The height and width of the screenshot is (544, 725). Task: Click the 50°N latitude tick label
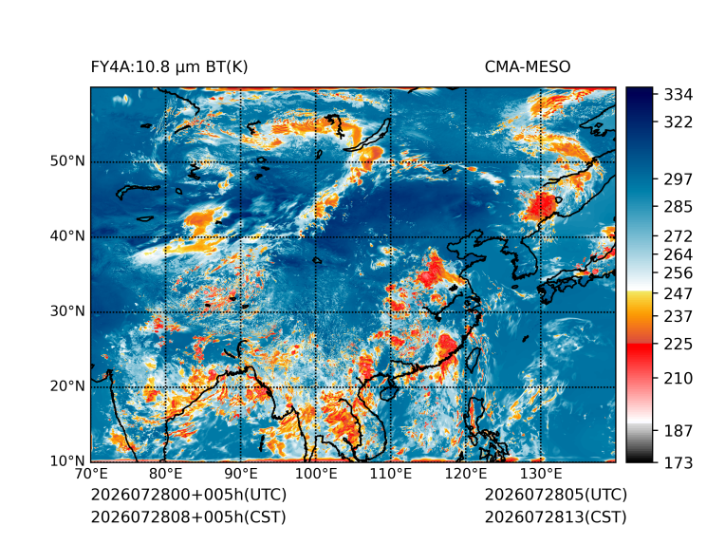(67, 161)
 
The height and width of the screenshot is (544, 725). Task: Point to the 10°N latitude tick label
(67, 461)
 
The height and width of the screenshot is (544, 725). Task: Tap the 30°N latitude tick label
(67, 311)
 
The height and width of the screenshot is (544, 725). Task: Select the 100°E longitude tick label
(316, 474)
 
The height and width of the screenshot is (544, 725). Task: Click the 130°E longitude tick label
(541, 474)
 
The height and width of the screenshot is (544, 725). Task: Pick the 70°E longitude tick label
(91, 474)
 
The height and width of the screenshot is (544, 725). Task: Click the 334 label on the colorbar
(679, 95)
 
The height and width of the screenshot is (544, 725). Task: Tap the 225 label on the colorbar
(679, 345)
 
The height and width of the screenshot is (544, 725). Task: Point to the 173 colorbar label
(679, 462)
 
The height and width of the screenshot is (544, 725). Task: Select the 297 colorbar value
(679, 179)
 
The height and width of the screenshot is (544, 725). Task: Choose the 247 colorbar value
(679, 293)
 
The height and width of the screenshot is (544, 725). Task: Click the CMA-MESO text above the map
(528, 67)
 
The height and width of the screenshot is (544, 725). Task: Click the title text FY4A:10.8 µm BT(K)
(169, 67)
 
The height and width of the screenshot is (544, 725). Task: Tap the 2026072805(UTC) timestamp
(556, 495)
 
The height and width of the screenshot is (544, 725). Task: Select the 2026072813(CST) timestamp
(556, 516)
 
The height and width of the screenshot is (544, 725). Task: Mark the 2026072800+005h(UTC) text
(189, 495)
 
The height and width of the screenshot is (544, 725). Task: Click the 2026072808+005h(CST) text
(189, 516)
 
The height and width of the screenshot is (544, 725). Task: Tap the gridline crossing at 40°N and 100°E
(316, 236)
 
